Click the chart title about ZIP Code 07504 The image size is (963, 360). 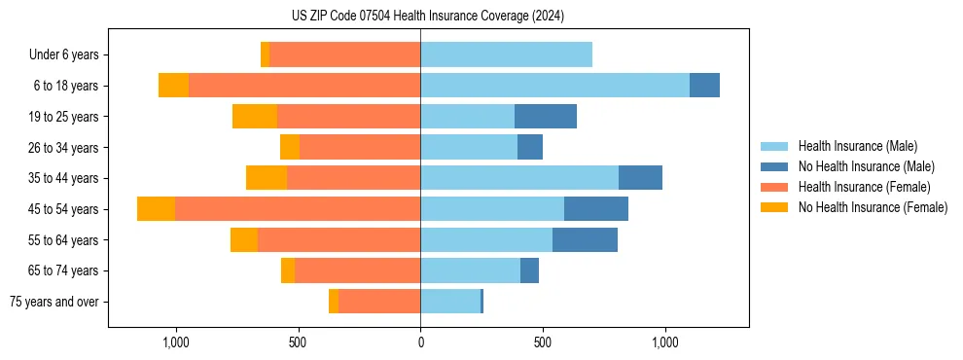[x=427, y=16]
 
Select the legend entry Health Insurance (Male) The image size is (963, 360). [x=857, y=146]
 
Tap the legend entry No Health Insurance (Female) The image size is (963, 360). [x=873, y=207]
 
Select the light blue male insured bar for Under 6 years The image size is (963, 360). [x=506, y=54]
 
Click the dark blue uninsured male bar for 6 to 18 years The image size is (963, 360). [x=704, y=86]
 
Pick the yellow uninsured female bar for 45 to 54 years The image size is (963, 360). [x=156, y=209]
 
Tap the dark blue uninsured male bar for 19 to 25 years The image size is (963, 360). [x=546, y=117]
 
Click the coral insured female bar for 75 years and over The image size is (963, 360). [x=379, y=302]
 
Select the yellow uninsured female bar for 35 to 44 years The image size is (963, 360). [x=267, y=178]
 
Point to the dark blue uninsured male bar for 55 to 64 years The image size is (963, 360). [x=585, y=240]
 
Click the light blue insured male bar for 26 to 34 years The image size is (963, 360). [x=469, y=148]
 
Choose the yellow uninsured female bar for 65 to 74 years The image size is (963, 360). [x=288, y=270]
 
